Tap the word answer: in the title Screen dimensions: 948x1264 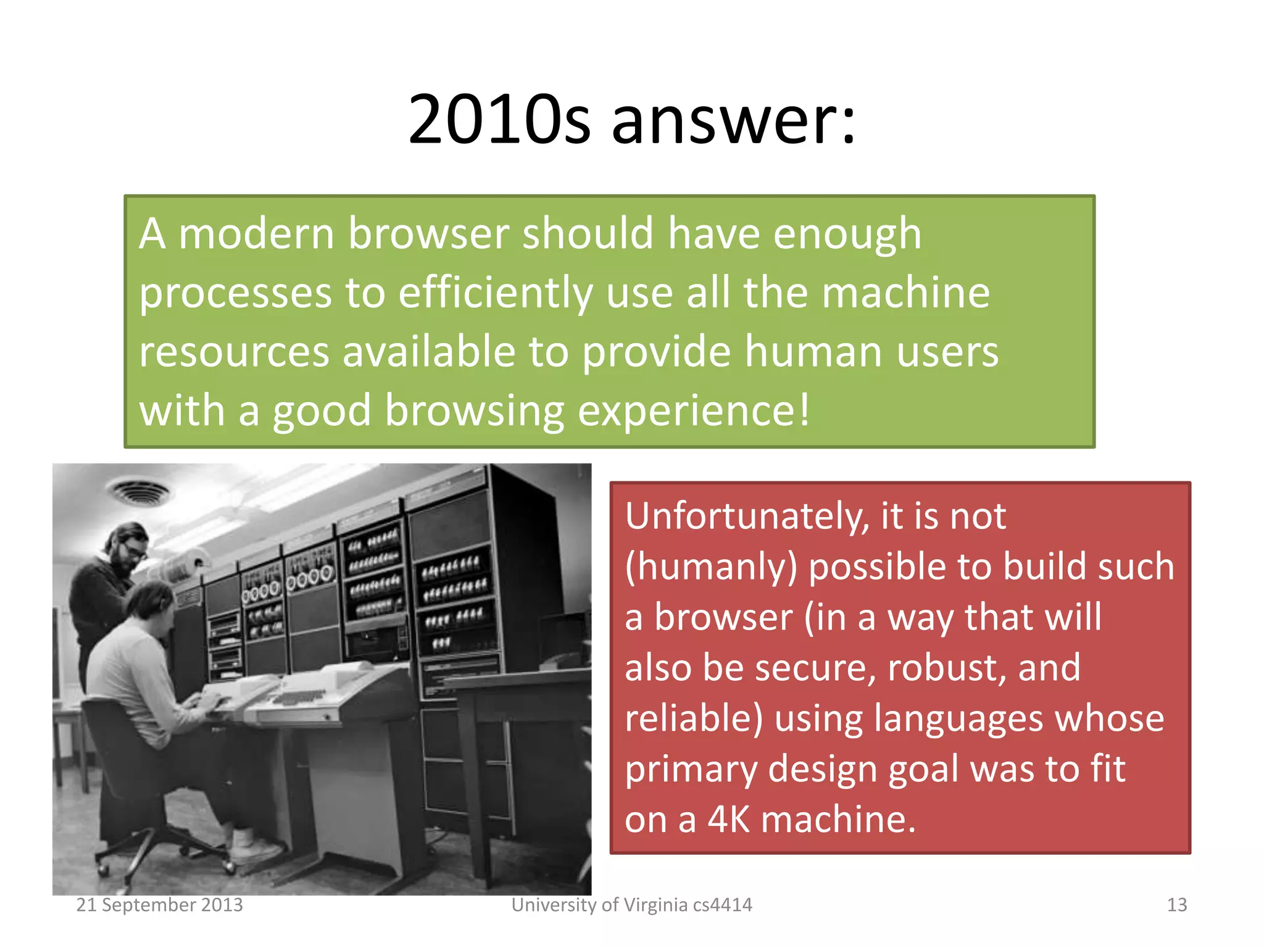(733, 120)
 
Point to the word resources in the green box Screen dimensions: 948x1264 (234, 352)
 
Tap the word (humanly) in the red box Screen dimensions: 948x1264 (711, 567)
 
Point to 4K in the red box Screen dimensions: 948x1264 (728, 820)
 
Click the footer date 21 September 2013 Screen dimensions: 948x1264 (159, 905)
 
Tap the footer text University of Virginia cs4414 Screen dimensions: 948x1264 (631, 905)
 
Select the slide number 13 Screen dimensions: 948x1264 (1176, 905)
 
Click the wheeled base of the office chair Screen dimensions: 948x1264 (164, 855)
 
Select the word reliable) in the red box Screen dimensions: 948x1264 (694, 719)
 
